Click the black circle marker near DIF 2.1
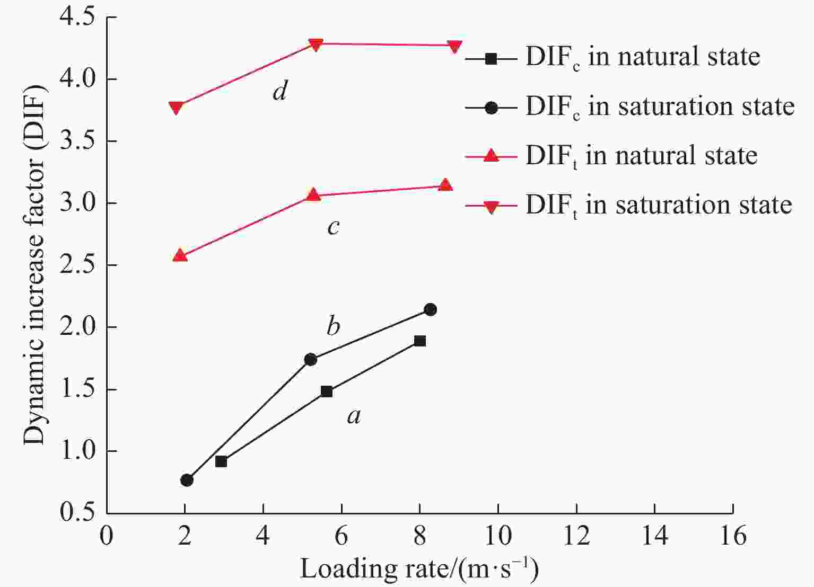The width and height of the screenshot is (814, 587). point(430,309)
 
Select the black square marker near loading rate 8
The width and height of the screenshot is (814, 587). point(420,341)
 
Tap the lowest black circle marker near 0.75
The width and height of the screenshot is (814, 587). point(187,480)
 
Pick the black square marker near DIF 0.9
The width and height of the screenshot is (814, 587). point(221,461)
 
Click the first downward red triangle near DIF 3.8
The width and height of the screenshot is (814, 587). point(176,108)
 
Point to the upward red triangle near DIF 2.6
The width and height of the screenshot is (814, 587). point(180,255)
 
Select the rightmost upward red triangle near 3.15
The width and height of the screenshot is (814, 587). point(445,185)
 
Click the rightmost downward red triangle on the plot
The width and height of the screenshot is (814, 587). point(454,47)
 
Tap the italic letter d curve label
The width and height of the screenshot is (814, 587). point(279,92)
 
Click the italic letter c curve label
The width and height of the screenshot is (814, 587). point(333,227)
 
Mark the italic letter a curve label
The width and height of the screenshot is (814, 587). point(354,416)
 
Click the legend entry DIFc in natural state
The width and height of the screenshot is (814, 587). point(642,57)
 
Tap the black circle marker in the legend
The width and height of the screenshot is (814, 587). point(491,108)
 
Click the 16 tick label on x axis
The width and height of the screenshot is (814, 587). point(733,537)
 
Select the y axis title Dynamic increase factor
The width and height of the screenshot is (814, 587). point(35,265)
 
